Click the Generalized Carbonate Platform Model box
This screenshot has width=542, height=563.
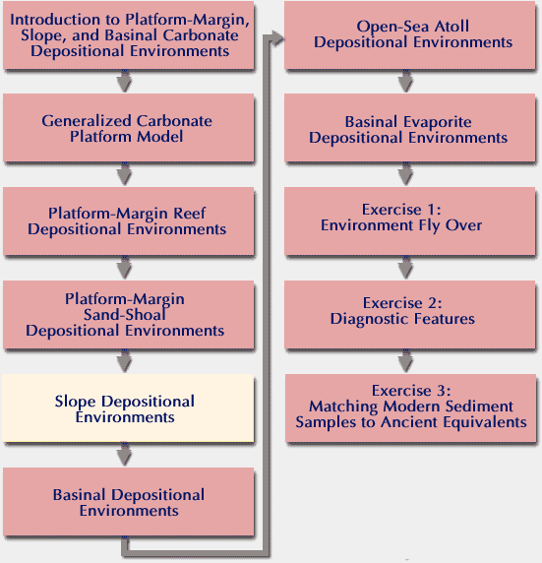point(129,128)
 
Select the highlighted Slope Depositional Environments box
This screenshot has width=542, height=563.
point(128,408)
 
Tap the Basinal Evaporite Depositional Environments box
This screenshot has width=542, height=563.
point(409,128)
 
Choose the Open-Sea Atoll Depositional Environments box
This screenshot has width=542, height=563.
point(409,34)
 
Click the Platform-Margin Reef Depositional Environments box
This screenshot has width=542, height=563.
point(129,221)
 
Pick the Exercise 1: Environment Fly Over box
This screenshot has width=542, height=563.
point(409,221)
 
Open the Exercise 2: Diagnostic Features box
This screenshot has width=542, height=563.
point(409,315)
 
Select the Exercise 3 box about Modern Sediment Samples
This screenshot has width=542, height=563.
point(410,408)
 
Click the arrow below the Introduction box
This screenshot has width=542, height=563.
point(124,81)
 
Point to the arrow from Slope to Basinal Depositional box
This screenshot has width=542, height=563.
point(124,455)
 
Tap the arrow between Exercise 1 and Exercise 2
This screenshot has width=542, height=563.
point(405,268)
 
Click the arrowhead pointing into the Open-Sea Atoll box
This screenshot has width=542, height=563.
point(277,38)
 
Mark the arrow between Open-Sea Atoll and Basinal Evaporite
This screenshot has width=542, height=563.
point(405,81)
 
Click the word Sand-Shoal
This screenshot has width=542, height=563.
point(125,315)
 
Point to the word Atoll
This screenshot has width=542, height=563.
point(452,27)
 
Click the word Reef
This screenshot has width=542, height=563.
point(190,213)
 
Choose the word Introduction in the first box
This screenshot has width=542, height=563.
point(56,20)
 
